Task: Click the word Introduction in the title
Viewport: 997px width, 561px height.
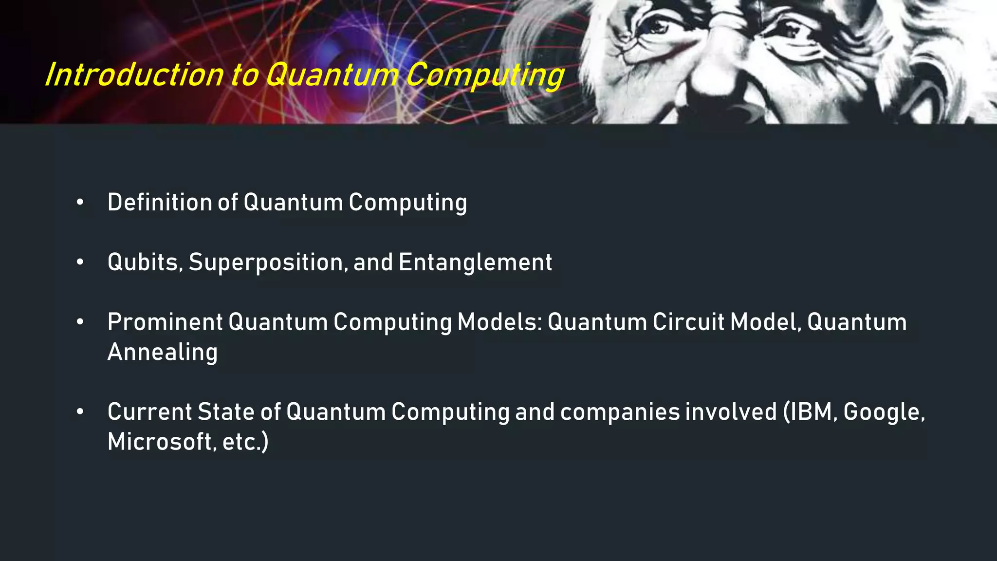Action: [134, 75]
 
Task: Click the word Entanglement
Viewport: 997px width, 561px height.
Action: [475, 262]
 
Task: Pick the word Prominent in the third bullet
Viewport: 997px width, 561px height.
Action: [165, 322]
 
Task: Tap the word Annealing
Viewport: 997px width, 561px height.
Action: [163, 352]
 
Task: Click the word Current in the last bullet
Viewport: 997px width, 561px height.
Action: [149, 412]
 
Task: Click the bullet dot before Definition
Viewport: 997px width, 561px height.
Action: [80, 203]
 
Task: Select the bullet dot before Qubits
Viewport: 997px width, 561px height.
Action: [80, 262]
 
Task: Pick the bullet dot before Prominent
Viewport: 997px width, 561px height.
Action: [80, 322]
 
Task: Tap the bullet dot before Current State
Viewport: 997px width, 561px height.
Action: [80, 412]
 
